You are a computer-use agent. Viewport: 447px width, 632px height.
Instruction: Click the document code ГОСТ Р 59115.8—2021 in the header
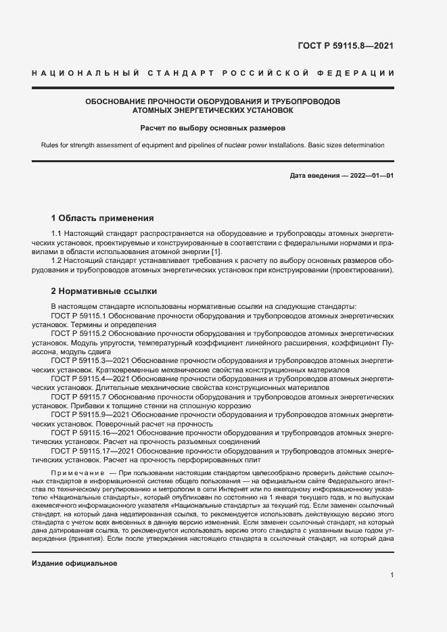point(346,47)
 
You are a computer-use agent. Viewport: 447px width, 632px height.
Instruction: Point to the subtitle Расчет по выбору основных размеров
point(213,127)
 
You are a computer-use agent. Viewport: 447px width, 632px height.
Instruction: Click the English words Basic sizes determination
point(345,145)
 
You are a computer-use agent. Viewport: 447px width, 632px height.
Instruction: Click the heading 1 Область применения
point(103,218)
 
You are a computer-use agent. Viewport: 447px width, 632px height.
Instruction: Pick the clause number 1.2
point(57,261)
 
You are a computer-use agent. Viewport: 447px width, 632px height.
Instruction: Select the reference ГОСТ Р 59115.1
point(79,316)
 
